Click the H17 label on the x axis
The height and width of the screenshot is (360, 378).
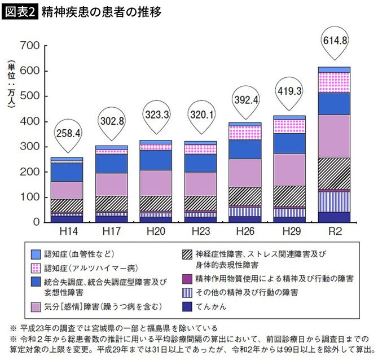(111, 231)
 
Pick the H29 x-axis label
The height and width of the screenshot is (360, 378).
(289, 231)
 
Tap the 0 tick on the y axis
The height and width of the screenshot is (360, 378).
(35, 222)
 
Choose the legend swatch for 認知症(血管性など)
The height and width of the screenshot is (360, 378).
(34, 253)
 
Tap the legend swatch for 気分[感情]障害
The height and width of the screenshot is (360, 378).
(34, 306)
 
